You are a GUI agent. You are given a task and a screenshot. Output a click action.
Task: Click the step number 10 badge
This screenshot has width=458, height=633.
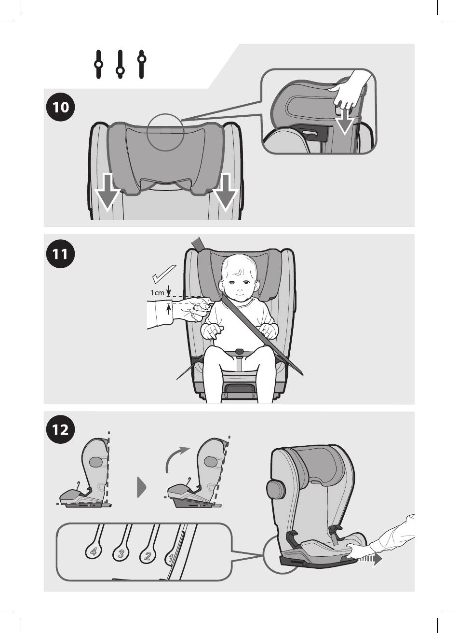60,107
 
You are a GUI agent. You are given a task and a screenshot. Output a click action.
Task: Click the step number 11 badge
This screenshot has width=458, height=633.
60,254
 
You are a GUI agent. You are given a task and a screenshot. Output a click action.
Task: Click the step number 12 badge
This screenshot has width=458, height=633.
60,429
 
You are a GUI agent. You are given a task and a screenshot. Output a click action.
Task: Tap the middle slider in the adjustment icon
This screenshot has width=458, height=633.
120,65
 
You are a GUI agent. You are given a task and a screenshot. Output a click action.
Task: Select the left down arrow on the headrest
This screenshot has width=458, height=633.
107,192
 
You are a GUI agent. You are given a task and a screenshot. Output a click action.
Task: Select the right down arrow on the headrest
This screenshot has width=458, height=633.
225,192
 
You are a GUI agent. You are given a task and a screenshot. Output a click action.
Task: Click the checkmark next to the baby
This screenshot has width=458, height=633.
164,274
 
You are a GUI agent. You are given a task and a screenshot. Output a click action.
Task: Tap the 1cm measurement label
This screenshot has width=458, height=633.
157,293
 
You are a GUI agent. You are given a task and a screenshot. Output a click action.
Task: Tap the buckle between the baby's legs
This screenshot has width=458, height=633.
239,352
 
